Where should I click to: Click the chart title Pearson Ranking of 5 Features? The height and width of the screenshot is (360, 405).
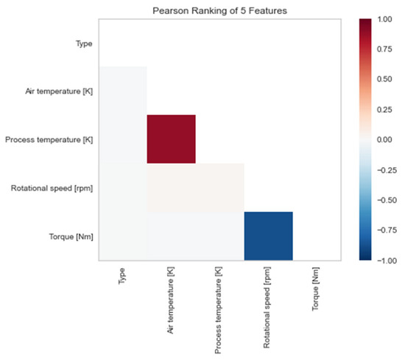[219, 11]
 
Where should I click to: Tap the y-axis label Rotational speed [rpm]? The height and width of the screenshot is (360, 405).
[52, 188]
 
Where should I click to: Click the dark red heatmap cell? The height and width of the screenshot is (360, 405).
[171, 139]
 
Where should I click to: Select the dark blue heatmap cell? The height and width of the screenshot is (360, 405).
[268, 236]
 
